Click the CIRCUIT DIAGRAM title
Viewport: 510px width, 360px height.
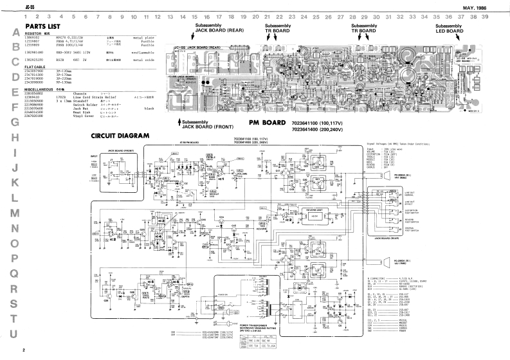pos(120,136)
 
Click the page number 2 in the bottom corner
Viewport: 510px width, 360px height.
pos(23,350)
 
